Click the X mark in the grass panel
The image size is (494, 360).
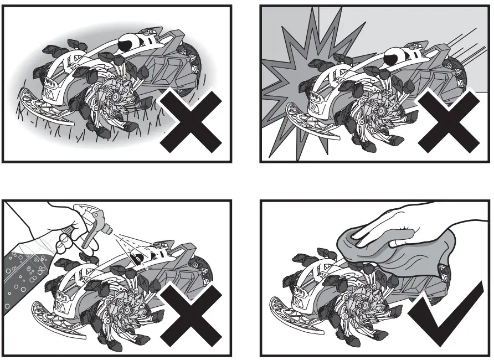(191, 121)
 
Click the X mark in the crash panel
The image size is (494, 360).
(449, 121)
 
